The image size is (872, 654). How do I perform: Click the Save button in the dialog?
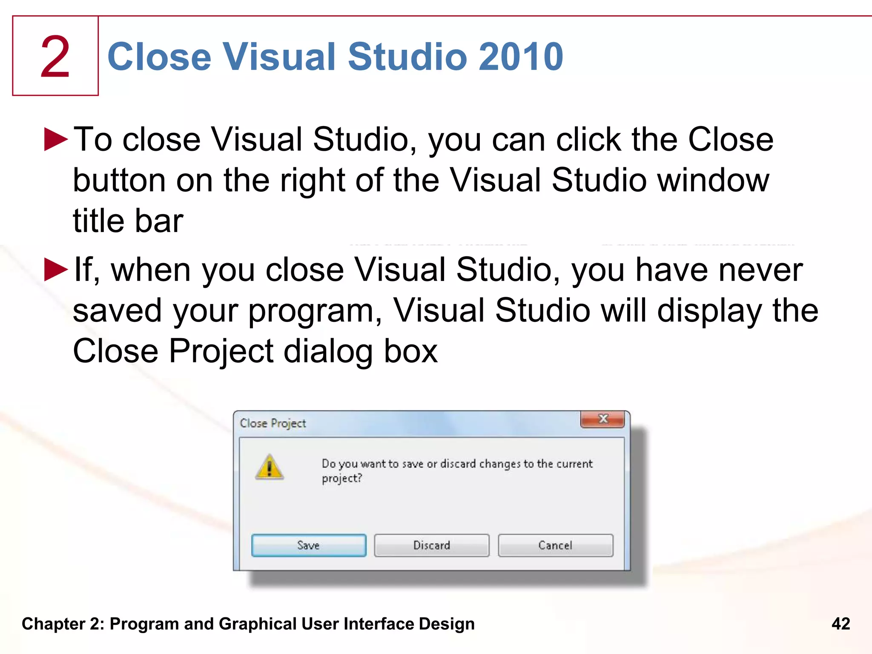(309, 545)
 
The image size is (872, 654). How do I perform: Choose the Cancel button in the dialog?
(555, 545)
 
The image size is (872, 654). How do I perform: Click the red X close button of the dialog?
(602, 419)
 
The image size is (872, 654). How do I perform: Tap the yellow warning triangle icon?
(269, 467)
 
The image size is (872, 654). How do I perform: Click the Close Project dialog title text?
(273, 423)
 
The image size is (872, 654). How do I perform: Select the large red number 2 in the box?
(55, 57)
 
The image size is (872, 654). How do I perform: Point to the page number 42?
(840, 624)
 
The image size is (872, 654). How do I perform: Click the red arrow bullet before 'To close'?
(56, 139)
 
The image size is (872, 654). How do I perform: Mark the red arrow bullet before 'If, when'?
(56, 270)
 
